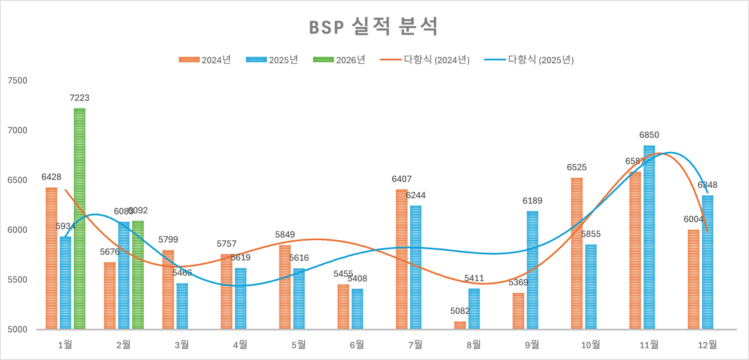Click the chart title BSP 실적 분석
coord(374,27)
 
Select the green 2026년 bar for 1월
coord(79,218)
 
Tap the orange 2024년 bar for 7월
coord(401,259)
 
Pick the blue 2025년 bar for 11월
coord(649,237)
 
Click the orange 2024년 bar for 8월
coord(460,325)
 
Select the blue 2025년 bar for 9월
coord(532,270)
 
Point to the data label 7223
coord(79,98)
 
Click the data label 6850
coord(649,135)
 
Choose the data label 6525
coord(577,167)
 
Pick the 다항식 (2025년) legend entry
coord(531,60)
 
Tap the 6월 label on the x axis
coord(357,344)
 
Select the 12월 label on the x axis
coord(707,344)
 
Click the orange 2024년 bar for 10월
coord(577,253)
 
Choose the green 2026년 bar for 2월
coord(137,275)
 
